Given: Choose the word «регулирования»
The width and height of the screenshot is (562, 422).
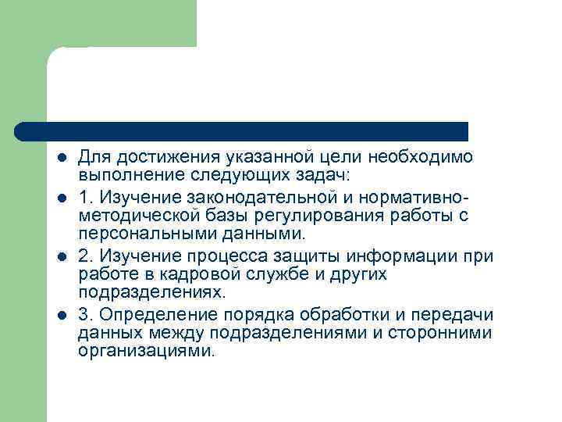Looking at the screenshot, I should coord(300,214).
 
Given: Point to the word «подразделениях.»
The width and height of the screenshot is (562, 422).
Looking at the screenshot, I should coord(151,293).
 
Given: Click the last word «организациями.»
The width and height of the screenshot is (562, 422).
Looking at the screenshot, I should coord(145,352).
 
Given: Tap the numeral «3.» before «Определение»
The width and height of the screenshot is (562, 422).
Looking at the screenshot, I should coord(87,314).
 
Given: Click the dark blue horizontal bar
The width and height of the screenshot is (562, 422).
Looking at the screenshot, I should coord(242,131).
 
